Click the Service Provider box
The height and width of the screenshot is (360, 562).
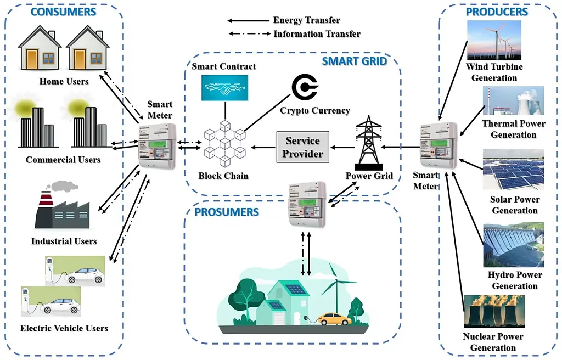click(302, 147)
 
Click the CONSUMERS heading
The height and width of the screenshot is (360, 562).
click(63, 12)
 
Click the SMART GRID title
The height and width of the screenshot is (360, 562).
click(354, 61)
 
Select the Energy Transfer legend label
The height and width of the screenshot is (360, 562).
click(306, 20)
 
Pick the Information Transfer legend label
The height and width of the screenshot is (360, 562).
click(317, 34)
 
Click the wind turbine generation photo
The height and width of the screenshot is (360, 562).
click(493, 41)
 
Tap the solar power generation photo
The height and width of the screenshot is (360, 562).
click(513, 170)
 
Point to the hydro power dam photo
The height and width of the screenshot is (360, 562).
click(513, 244)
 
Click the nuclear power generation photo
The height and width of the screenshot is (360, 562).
click(494, 312)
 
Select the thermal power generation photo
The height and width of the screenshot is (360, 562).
click(513, 100)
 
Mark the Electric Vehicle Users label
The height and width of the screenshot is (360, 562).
click(64, 328)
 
